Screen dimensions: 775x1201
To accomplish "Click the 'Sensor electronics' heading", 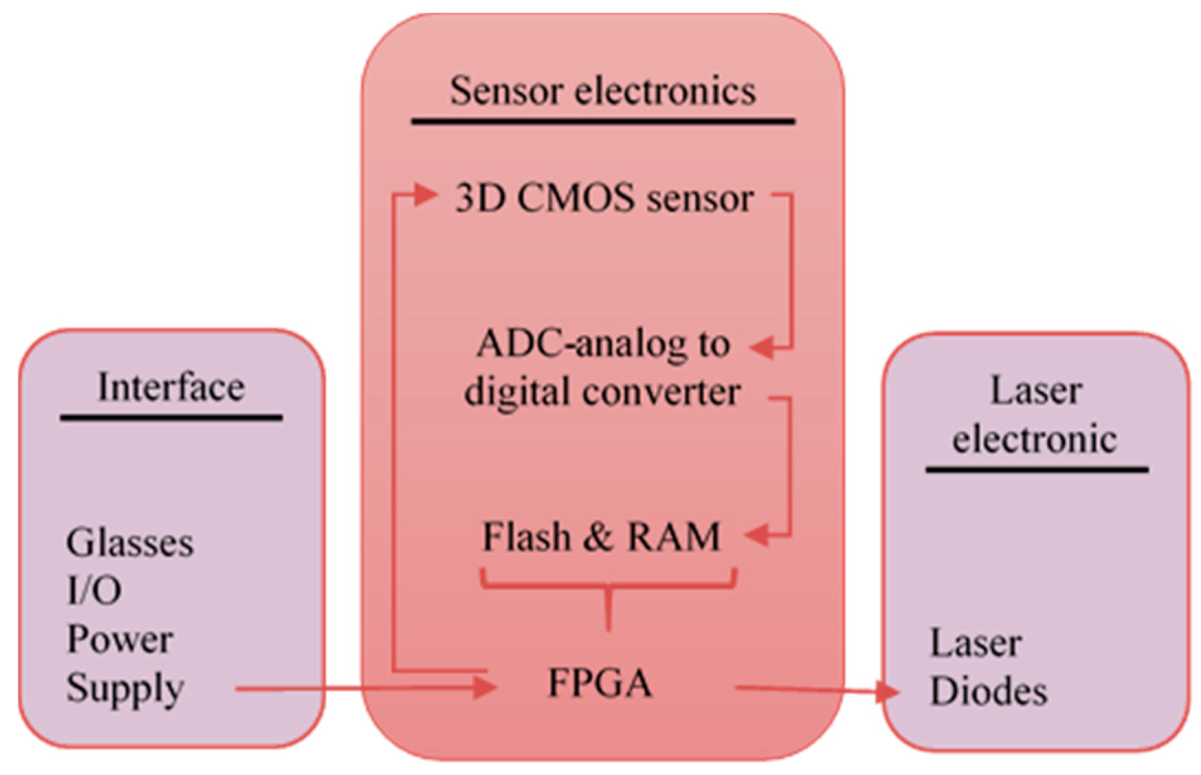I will tap(602, 92).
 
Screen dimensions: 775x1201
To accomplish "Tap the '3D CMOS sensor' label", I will tap(604, 199).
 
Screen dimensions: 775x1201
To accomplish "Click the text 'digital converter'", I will tap(602, 392).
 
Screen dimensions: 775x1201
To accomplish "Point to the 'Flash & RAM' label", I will tap(601, 537).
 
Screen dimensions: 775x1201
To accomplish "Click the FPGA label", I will tap(599, 683).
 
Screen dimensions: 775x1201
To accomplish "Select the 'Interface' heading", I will tap(171, 387).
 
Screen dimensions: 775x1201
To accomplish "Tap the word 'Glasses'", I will tap(130, 543).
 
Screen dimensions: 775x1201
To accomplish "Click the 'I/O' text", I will tap(94, 590).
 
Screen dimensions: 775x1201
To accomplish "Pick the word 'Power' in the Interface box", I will tap(119, 639).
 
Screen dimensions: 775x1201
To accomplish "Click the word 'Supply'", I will tap(125, 689).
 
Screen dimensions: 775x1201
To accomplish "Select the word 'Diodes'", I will tap(988, 691).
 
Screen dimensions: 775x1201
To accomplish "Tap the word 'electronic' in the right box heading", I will tap(1034, 440).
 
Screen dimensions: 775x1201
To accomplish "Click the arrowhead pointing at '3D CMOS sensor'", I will tap(425, 195).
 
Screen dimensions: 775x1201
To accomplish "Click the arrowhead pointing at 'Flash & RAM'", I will tap(758, 535).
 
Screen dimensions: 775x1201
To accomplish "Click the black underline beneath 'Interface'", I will tap(171, 418).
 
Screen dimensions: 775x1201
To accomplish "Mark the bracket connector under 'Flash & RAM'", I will tap(608, 586).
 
